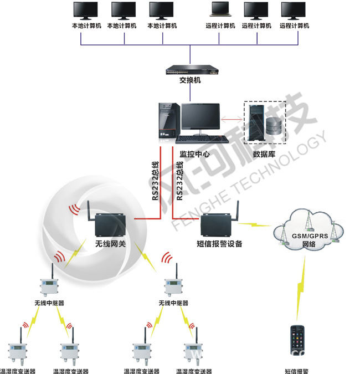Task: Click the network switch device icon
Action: point(190,70)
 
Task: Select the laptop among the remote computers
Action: point(220,11)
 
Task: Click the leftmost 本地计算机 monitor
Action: point(86,11)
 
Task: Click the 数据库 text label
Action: point(264,153)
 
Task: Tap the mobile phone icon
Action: point(297,343)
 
